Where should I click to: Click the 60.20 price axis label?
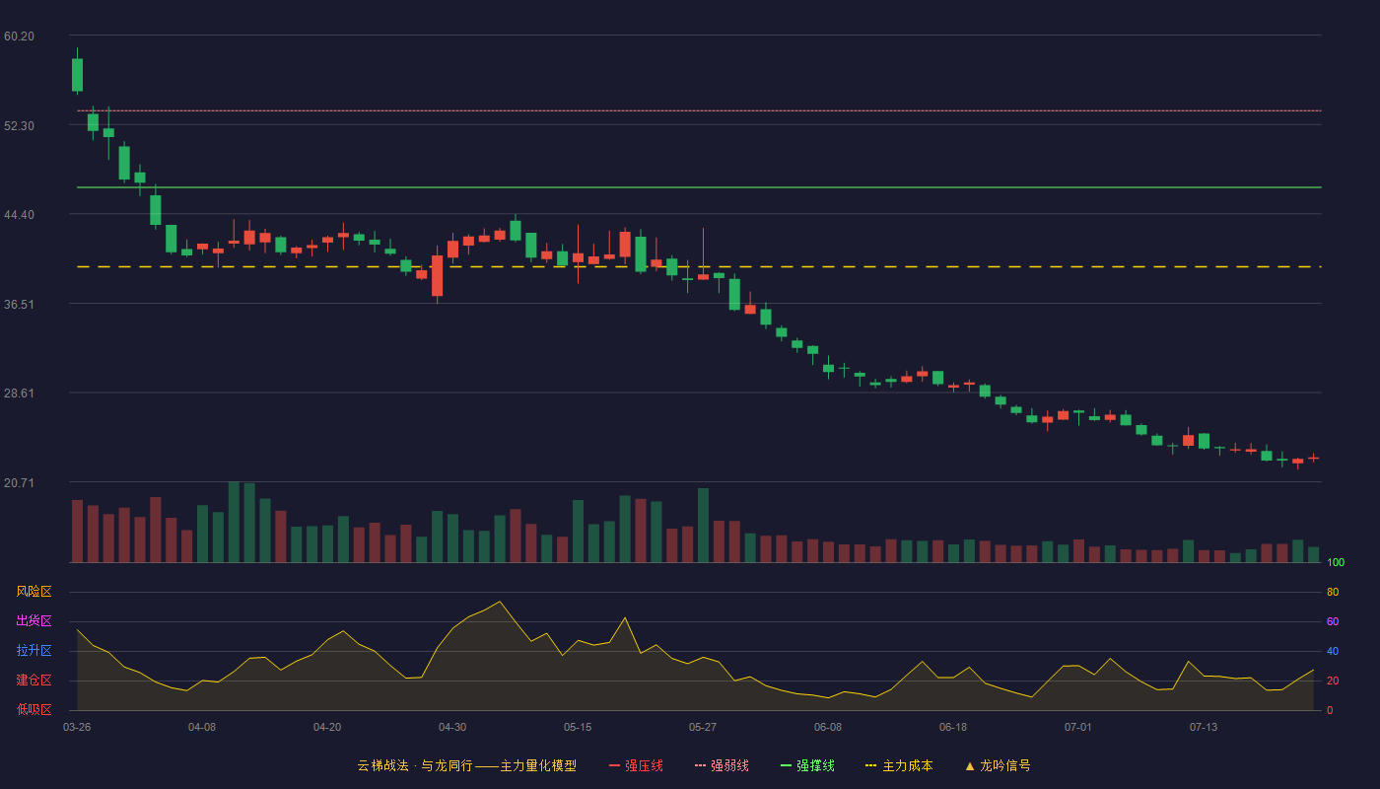(19, 36)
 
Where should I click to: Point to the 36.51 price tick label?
(19, 305)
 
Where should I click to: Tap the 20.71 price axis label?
(19, 482)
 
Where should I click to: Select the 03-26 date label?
(77, 728)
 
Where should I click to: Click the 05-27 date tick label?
(702, 728)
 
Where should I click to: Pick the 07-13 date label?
(1204, 728)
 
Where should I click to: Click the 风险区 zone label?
(34, 592)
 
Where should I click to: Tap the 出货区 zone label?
(34, 620)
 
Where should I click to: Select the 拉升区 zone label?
(34, 650)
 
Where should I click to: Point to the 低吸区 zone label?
(34, 709)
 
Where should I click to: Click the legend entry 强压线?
(636, 765)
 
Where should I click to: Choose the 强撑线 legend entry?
(807, 765)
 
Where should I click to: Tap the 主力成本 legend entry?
(899, 765)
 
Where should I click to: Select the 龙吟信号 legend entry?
(998, 765)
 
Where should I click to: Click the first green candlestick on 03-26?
(77, 75)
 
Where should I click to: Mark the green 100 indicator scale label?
(1336, 562)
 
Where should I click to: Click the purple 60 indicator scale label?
(1333, 621)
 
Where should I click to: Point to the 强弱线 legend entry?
(722, 765)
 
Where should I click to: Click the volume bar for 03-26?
(77, 532)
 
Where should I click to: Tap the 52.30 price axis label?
(19, 126)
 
